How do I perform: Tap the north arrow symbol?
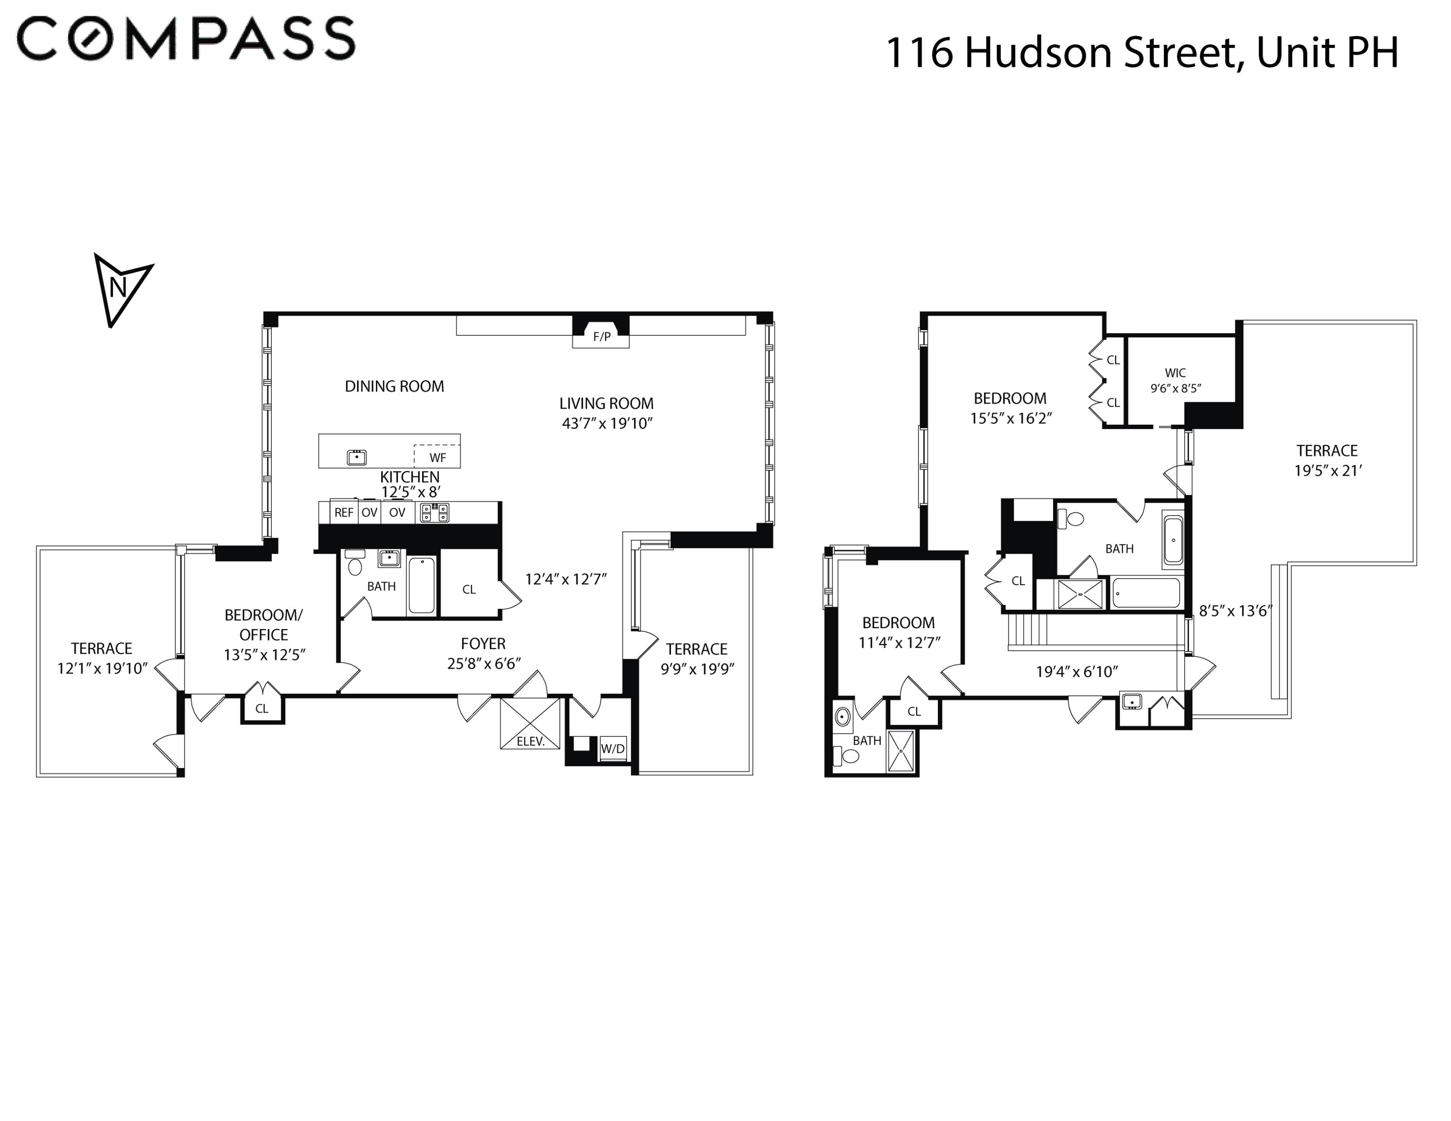120,287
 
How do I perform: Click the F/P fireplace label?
601,337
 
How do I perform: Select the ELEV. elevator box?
530,724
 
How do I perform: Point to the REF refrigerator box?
344,513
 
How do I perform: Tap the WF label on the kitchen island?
437,457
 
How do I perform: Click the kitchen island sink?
357,457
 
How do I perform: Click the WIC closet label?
1175,373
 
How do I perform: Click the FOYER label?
483,643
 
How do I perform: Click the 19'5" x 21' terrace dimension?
1327,471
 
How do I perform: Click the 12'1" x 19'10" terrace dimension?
102,669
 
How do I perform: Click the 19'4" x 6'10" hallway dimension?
1076,672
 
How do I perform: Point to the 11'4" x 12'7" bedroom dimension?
899,643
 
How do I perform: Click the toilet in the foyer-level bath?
355,566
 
